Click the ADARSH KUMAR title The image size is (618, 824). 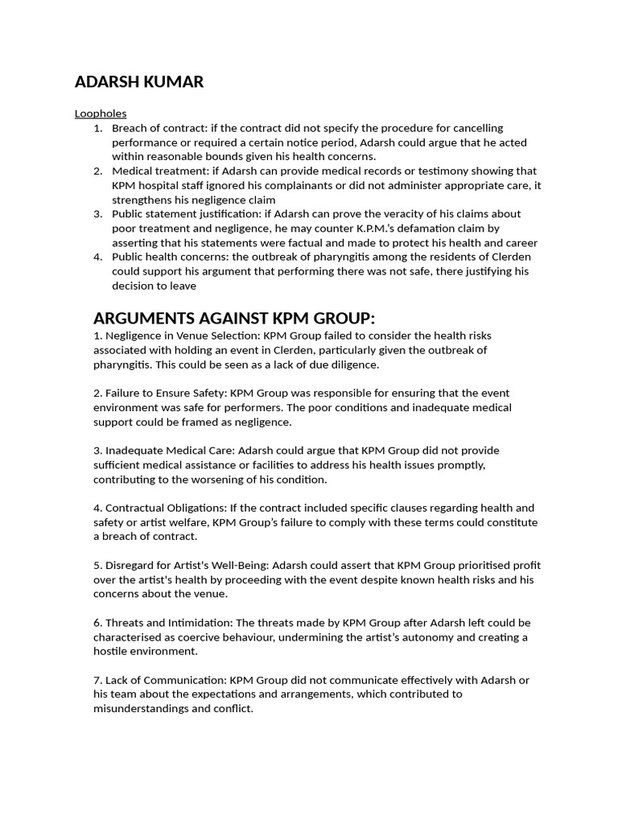click(139, 81)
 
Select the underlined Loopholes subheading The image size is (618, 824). click(101, 113)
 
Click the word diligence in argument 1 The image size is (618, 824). click(350, 364)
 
